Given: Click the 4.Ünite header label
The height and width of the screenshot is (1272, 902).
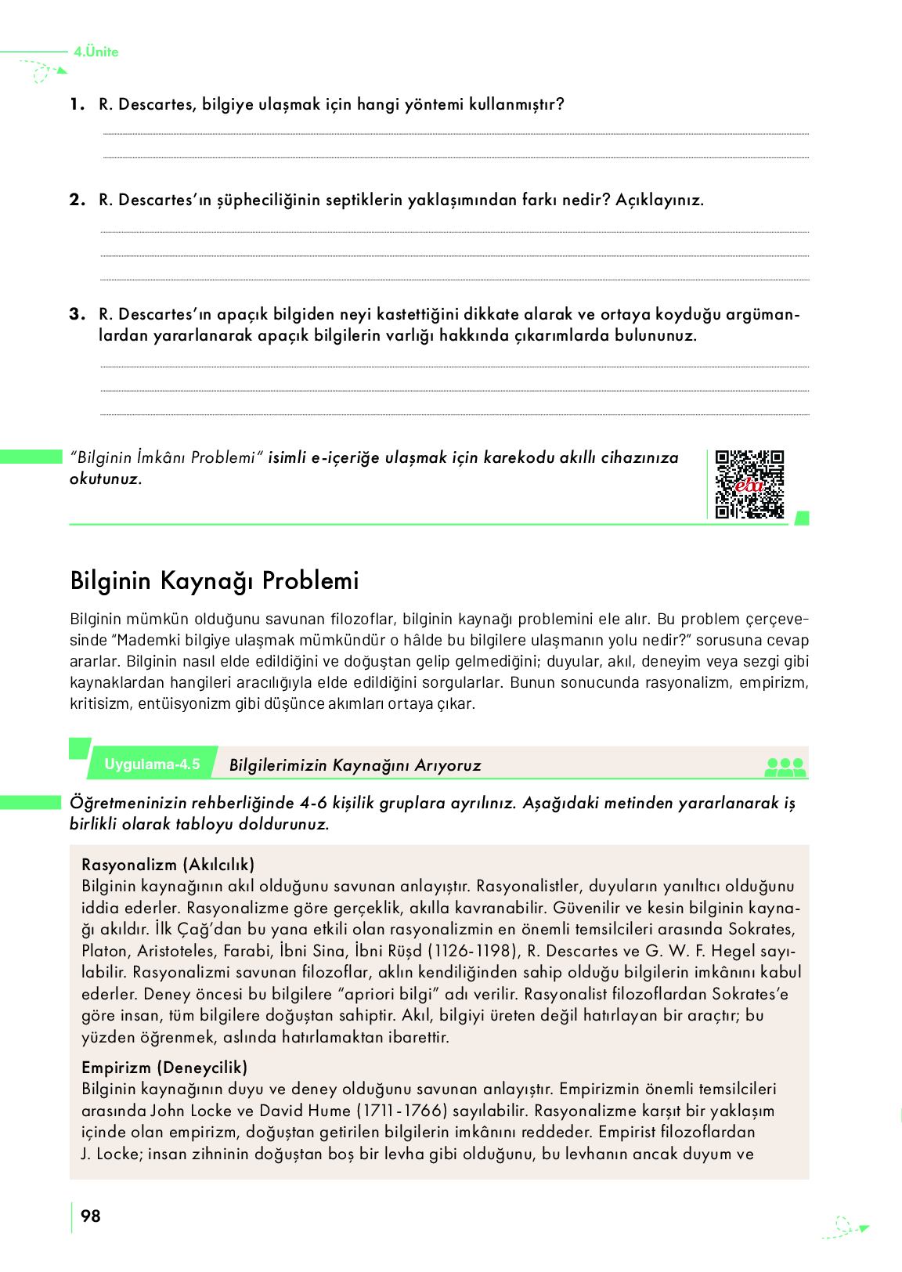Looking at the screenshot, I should tap(96, 52).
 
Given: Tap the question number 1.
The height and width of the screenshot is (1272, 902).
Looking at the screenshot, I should tap(76, 104).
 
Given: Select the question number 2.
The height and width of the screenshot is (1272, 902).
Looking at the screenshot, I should tap(77, 200).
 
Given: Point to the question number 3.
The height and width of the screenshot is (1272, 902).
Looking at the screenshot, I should tap(77, 314).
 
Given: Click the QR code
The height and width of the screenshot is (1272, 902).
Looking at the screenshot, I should tap(749, 484).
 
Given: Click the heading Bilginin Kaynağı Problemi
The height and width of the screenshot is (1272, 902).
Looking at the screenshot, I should tap(215, 580).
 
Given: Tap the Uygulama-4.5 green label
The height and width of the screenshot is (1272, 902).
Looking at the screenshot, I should tap(152, 764).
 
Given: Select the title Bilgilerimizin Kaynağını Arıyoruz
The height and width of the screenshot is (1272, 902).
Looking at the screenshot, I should tap(355, 765).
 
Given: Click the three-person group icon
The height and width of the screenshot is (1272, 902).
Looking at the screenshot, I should tap(785, 767).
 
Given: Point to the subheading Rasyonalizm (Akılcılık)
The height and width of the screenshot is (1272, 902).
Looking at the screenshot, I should tap(168, 865).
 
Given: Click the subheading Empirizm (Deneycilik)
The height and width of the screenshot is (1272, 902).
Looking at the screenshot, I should tap(164, 1067).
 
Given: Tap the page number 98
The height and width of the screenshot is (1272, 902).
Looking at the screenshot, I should tap(91, 1216).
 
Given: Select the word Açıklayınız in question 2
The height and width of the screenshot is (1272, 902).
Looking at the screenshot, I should tap(659, 200).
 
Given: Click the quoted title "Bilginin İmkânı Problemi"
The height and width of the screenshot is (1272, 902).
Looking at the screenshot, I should tap(166, 457).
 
